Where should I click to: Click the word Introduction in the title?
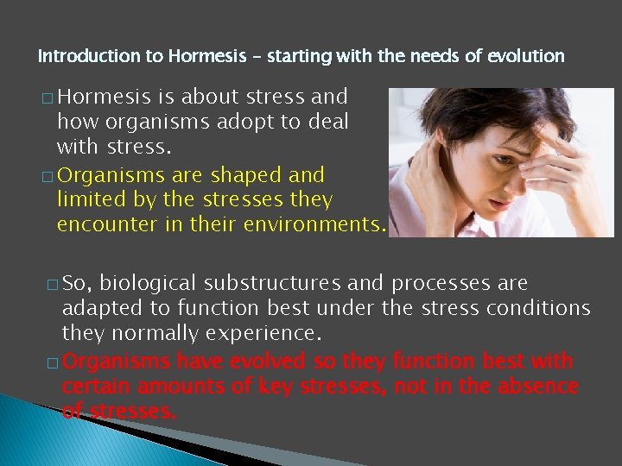(x=77, y=57)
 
